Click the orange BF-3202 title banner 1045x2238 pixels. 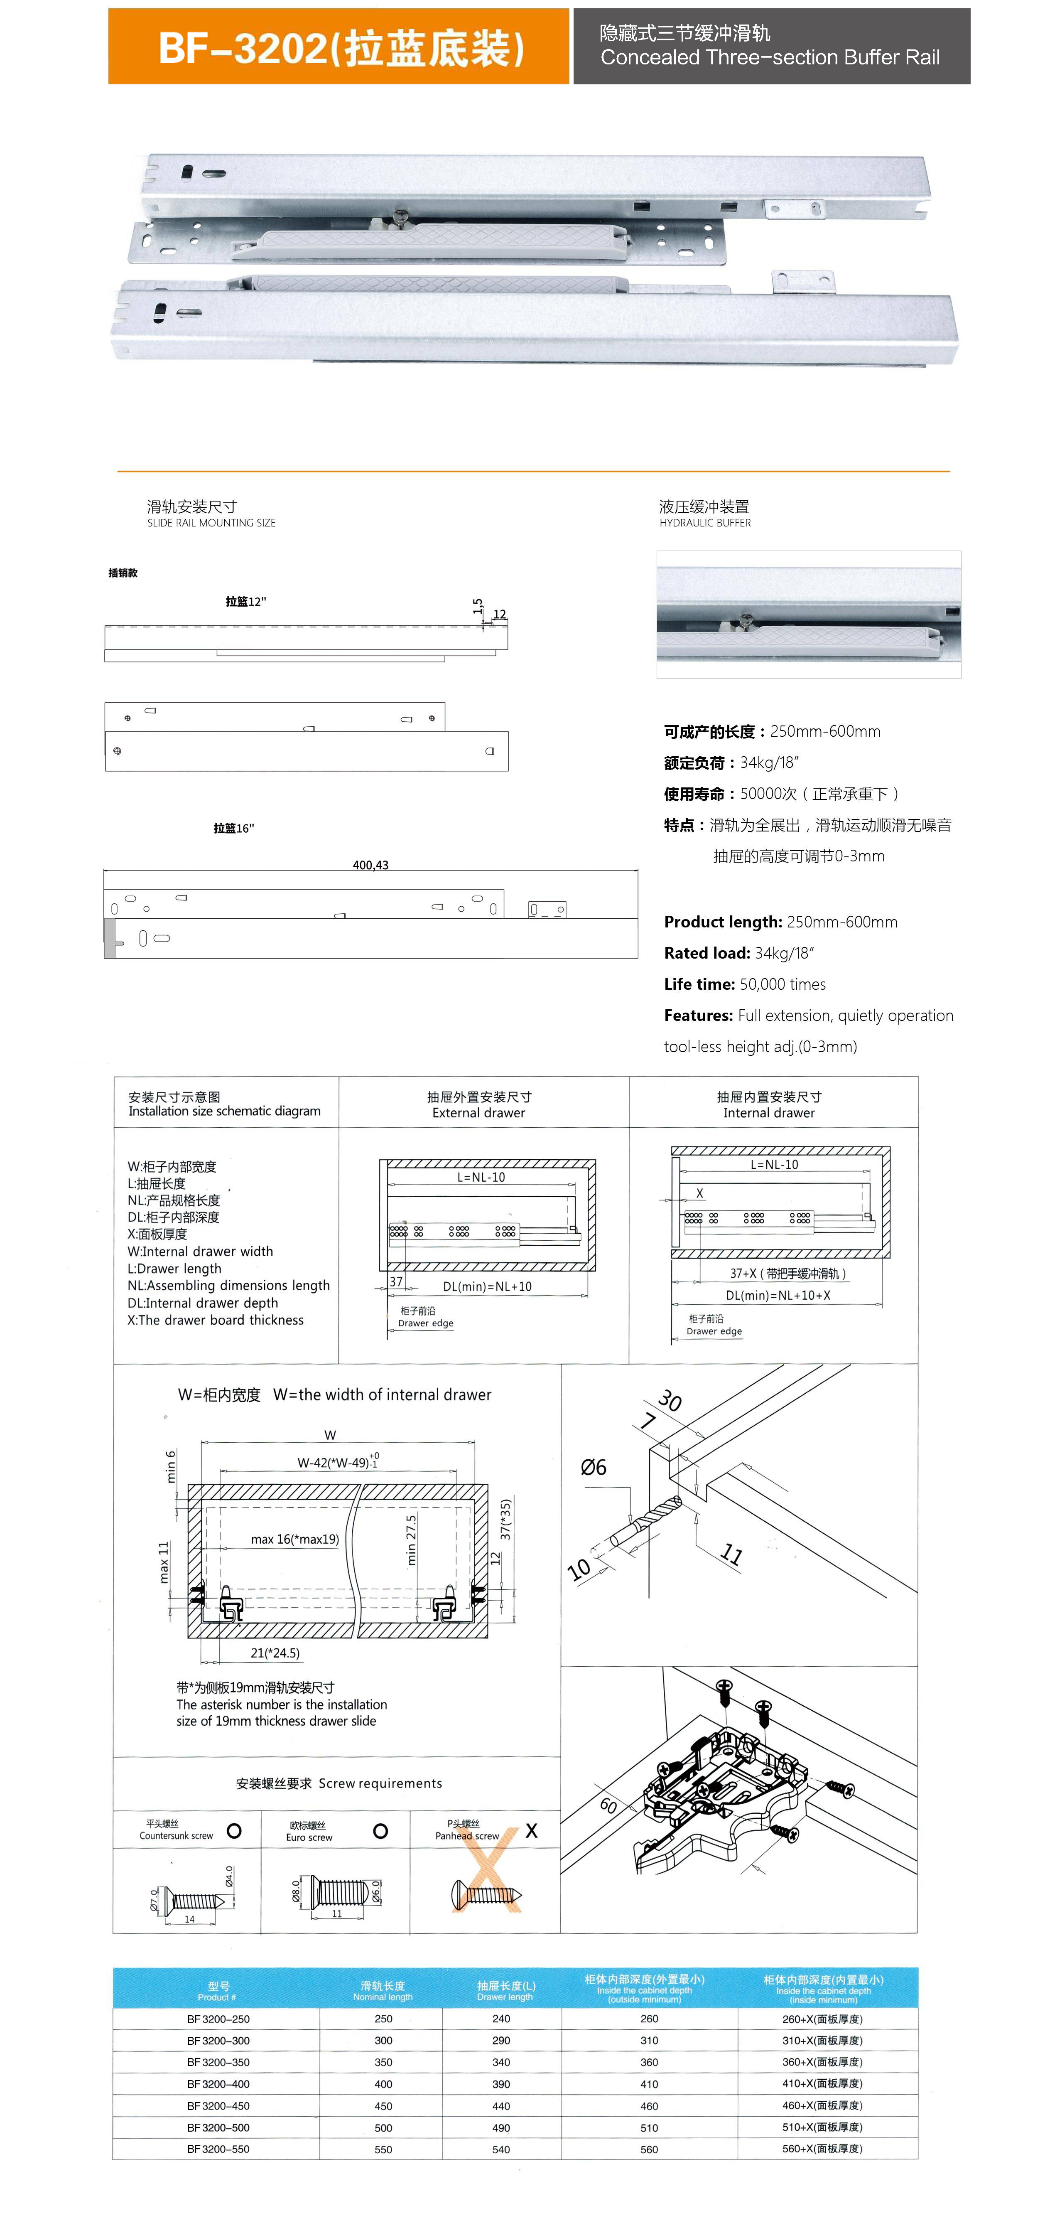click(x=339, y=47)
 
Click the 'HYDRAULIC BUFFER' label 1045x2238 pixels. click(x=704, y=523)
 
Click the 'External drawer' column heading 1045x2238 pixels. click(x=478, y=1113)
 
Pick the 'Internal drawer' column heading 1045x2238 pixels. click(x=769, y=1113)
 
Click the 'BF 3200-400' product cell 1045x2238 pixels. click(x=218, y=2083)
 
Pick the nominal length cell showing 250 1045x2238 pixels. click(x=383, y=2019)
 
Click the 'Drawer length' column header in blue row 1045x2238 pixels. click(x=505, y=1990)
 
